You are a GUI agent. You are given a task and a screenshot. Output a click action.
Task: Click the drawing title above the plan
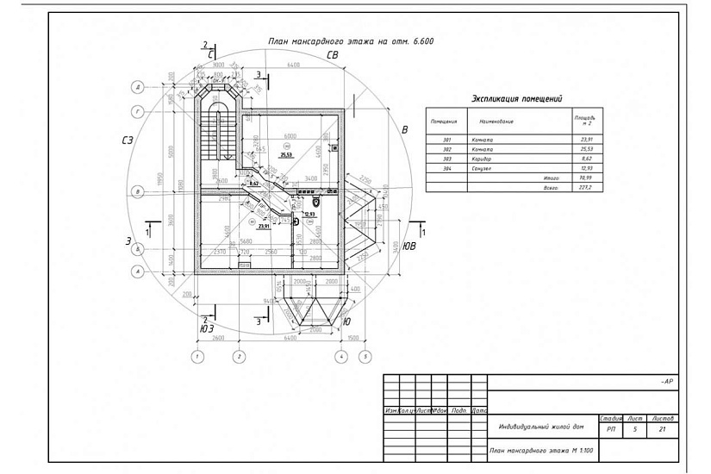coord(350,41)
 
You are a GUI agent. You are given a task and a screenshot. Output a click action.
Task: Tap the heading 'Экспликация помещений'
coord(516,99)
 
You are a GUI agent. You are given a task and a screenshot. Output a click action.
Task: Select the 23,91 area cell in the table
coord(589,139)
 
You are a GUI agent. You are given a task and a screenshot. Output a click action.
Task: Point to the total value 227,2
coord(589,187)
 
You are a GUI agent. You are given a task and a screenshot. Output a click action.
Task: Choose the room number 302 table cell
coord(446,149)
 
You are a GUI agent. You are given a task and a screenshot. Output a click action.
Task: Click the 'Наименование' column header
coord(496,121)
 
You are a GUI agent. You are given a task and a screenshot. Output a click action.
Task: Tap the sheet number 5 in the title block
coord(635,427)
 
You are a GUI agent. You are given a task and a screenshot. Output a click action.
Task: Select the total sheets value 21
coord(661,427)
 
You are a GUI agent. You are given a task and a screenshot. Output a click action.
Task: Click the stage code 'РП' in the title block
coord(611,427)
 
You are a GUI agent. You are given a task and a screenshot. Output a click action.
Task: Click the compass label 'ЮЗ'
coord(207,328)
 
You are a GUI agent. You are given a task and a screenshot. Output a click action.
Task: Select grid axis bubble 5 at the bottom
coord(365,356)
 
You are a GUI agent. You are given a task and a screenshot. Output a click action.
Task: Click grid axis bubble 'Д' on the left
coord(137,87)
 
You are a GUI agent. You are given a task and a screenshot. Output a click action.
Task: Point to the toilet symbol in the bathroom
coord(316,202)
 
